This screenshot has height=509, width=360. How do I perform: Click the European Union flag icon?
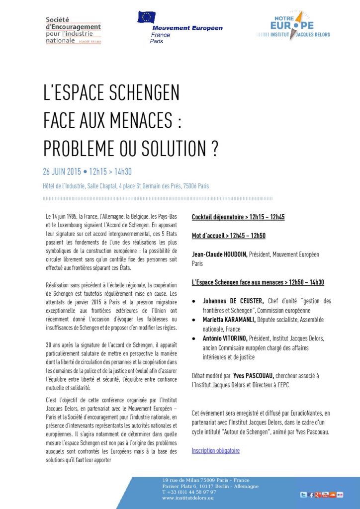click(x=147, y=17)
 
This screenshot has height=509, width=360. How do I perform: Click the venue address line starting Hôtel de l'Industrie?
click(x=126, y=186)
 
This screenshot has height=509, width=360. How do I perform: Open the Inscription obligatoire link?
click(x=215, y=451)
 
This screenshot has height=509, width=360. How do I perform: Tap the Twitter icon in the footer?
click(x=303, y=495)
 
